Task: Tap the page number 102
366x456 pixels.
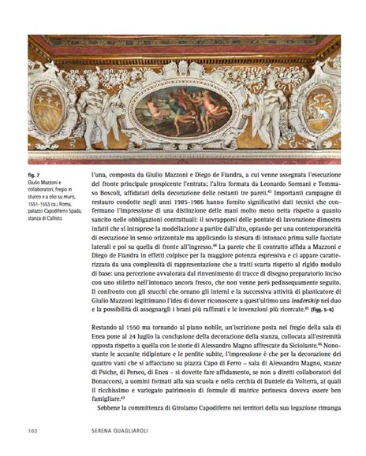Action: click(33, 432)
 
